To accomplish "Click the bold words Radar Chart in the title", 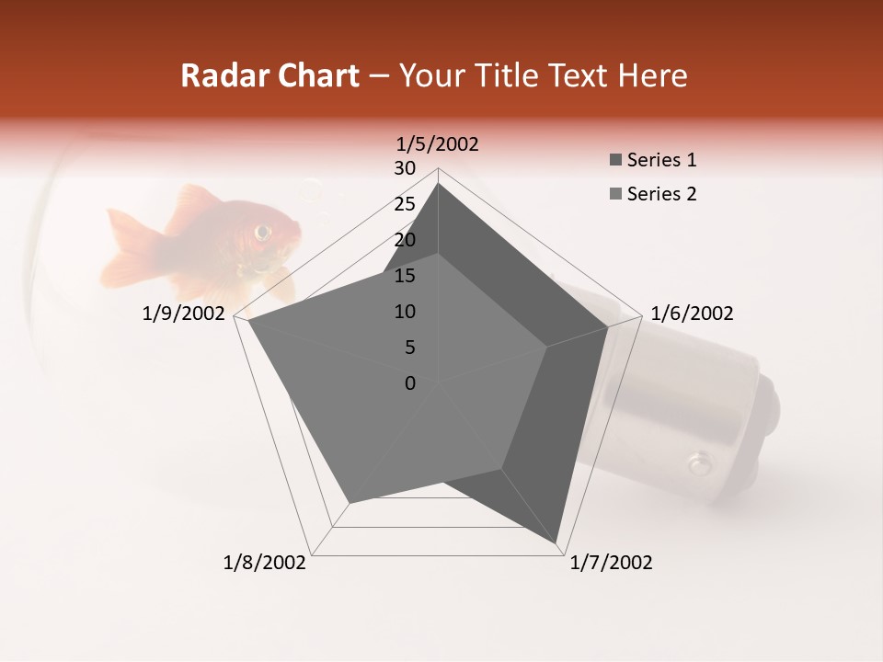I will pyautogui.click(x=269, y=75).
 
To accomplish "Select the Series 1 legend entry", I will pyautogui.click(x=653, y=160).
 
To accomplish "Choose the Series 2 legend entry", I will pyautogui.click(x=653, y=194).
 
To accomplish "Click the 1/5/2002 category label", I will pyautogui.click(x=438, y=143).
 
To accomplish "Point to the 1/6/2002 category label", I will pyautogui.click(x=692, y=314).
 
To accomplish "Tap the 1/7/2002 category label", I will pyautogui.click(x=611, y=563).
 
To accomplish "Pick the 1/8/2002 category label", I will pyautogui.click(x=265, y=563).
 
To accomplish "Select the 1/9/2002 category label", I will pyautogui.click(x=184, y=314).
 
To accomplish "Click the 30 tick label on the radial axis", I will pyautogui.click(x=405, y=168).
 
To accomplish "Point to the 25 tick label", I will pyautogui.click(x=405, y=204).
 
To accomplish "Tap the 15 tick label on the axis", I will pyautogui.click(x=405, y=276).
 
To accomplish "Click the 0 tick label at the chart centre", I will pyautogui.click(x=410, y=383).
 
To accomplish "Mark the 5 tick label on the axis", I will pyautogui.click(x=410, y=348).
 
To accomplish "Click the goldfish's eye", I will pyautogui.click(x=263, y=231).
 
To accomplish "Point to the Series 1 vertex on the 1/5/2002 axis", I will pyautogui.click(x=438, y=183).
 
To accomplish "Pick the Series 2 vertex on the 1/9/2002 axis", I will pyautogui.click(x=248, y=321).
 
